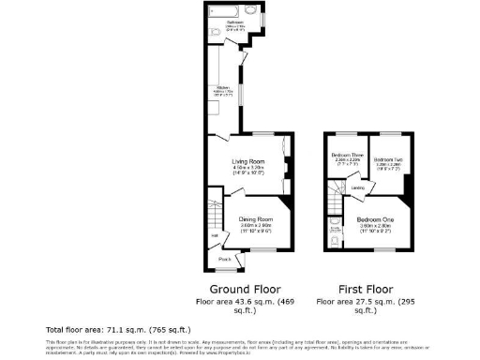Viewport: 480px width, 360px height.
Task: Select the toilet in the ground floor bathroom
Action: (215, 32)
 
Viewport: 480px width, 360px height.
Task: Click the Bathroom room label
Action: (233, 22)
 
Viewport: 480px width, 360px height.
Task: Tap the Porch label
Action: (225, 259)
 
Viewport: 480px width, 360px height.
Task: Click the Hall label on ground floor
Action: (214, 234)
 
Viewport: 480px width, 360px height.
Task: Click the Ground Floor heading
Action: (240, 289)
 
